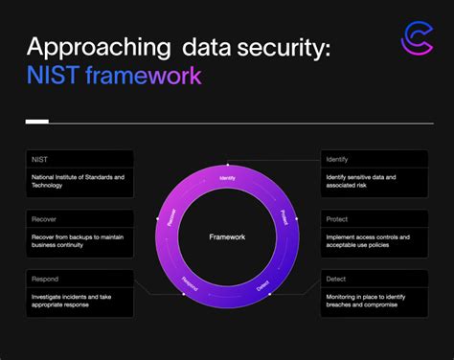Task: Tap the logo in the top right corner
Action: [414, 45]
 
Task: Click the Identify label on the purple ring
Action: [227, 178]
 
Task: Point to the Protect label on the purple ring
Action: [283, 216]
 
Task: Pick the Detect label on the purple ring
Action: [262, 284]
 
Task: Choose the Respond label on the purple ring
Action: [191, 282]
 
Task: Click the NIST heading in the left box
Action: [39, 158]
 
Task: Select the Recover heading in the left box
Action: [44, 218]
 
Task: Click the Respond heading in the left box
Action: [45, 279]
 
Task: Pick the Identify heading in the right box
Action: [337, 158]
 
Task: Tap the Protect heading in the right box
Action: [337, 218]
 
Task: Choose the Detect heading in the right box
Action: [336, 279]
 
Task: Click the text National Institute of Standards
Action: [77, 176]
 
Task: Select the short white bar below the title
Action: [36, 122]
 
